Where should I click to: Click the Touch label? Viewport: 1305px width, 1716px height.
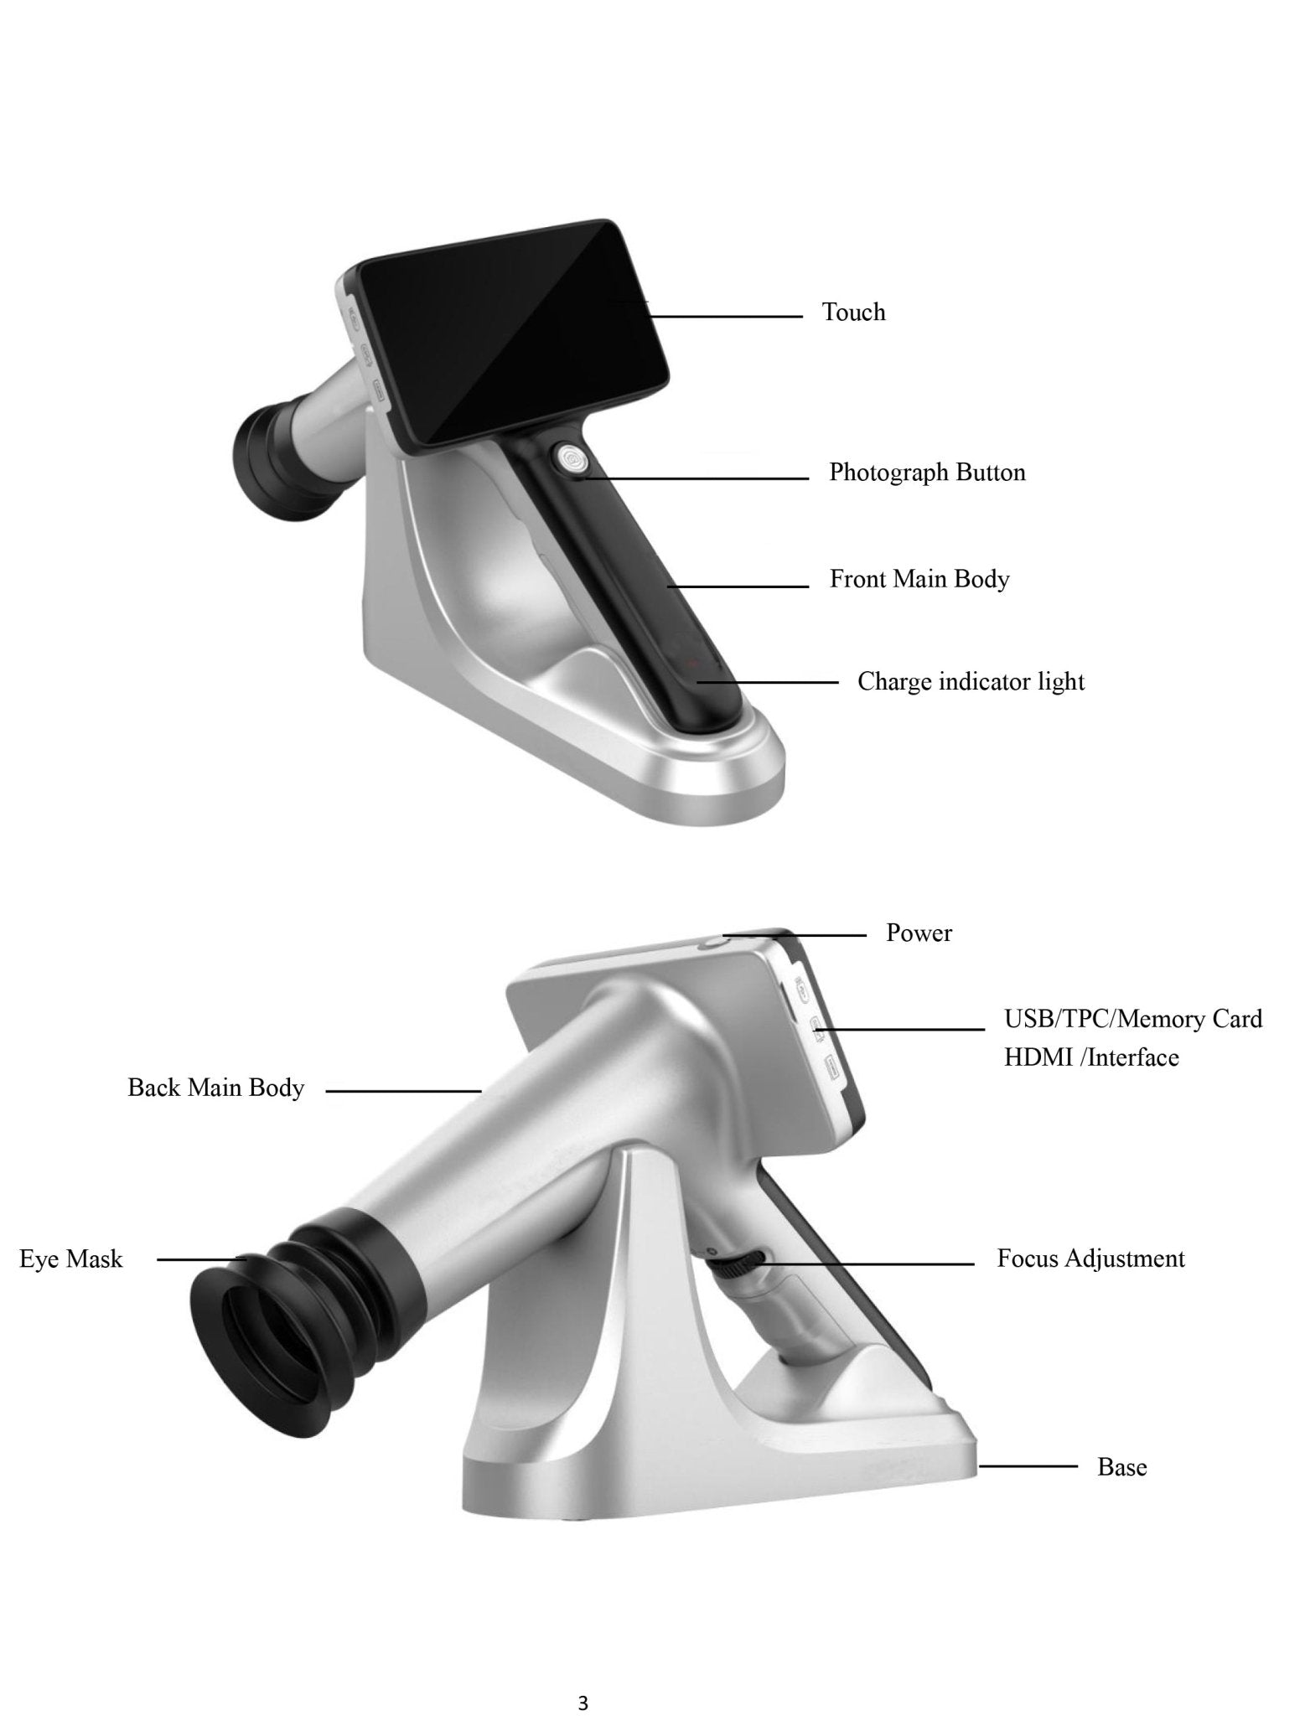click(853, 313)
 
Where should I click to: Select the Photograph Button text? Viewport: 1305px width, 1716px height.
click(927, 473)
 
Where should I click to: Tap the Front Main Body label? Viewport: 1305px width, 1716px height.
click(919, 579)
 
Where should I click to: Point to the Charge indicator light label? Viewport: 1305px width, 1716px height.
click(971, 682)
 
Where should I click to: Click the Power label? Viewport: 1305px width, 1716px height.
click(919, 933)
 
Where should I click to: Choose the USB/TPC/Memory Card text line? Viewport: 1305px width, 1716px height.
click(1132, 1019)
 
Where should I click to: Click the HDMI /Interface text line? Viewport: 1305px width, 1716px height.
click(1091, 1057)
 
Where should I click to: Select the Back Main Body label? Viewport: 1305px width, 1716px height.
click(215, 1088)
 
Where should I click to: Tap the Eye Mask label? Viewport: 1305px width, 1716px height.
click(71, 1259)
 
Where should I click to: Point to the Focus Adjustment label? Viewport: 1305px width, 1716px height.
click(1090, 1259)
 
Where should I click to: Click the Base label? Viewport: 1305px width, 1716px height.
click(1121, 1467)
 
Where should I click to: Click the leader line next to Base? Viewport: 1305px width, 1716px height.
click(1028, 1466)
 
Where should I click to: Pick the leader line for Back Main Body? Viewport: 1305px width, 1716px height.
click(402, 1091)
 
